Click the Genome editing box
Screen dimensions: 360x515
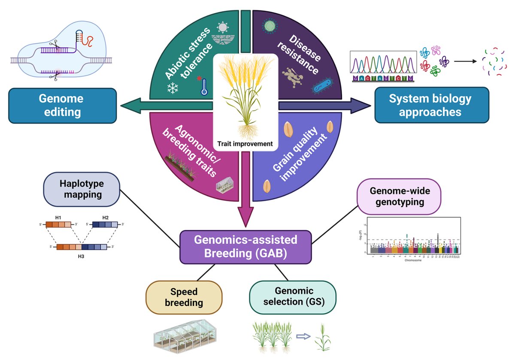63,105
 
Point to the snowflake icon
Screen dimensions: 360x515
173,88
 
